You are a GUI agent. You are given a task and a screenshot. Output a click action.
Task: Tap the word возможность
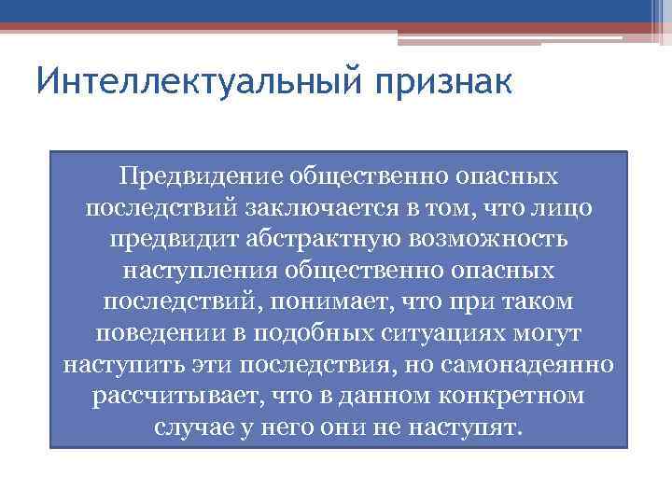click(488, 238)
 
